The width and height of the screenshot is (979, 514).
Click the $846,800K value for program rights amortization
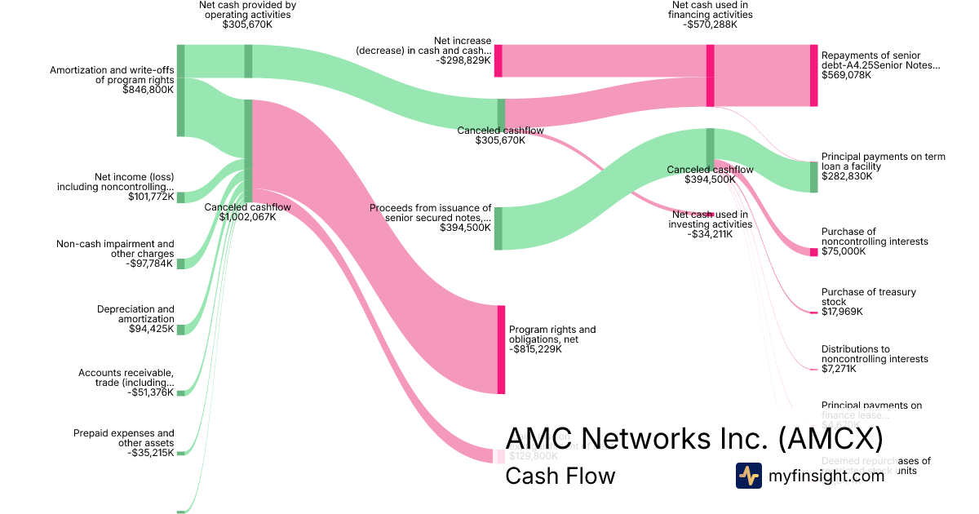click(148, 90)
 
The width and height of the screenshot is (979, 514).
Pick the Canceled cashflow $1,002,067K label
click(247, 212)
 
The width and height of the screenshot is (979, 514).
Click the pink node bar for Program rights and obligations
click(501, 349)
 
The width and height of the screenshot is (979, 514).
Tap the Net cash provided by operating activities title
click(247, 10)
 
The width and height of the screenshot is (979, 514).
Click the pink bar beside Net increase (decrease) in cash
click(498, 61)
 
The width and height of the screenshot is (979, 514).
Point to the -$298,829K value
click(463, 60)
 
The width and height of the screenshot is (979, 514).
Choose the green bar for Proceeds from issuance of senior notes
click(498, 228)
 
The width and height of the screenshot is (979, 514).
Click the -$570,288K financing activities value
click(710, 24)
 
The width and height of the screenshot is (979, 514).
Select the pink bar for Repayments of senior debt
click(813, 75)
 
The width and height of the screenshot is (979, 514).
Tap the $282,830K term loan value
click(847, 176)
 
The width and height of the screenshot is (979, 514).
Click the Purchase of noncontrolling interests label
click(875, 237)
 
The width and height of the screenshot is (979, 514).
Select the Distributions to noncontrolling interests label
click(875, 354)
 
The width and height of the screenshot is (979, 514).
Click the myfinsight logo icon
click(748, 476)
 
